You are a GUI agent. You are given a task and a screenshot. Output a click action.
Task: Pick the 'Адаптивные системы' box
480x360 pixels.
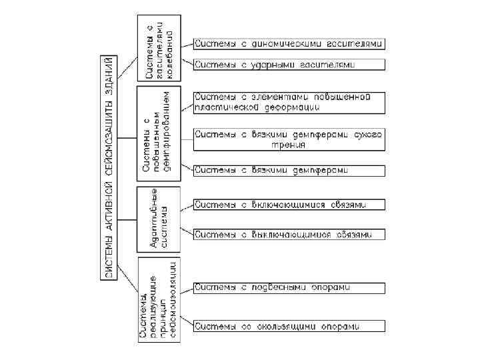pyautogui.click(x=159, y=218)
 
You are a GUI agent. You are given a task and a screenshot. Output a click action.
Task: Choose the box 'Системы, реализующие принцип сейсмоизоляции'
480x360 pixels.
pyautogui.click(x=159, y=300)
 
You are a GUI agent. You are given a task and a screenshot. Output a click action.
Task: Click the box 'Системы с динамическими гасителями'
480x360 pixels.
pyautogui.click(x=289, y=44)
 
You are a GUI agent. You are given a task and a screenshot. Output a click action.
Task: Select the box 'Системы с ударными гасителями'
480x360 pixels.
pyautogui.click(x=289, y=65)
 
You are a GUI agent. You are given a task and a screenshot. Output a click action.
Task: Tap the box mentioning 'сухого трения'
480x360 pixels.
pyautogui.click(x=289, y=139)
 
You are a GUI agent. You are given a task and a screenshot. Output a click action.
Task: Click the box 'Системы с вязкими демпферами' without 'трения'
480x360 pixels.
pyautogui.click(x=289, y=170)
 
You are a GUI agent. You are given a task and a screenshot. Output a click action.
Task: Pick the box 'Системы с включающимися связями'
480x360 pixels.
pyautogui.click(x=289, y=204)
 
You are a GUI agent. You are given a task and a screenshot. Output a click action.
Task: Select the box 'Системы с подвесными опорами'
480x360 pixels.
pyautogui.click(x=289, y=287)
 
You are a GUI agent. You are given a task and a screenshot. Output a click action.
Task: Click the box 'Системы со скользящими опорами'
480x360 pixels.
pyautogui.click(x=289, y=326)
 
